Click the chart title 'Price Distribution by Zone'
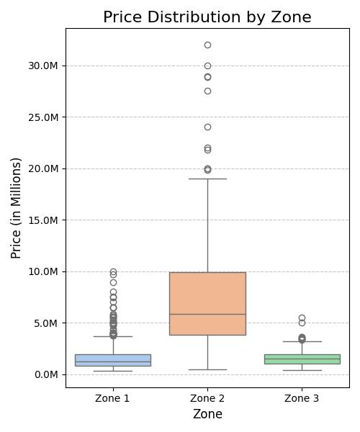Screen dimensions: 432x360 pyautogui.click(x=207, y=17)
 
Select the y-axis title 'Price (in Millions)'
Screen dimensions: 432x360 pyautogui.click(x=17, y=208)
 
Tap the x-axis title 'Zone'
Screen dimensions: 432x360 pyautogui.click(x=207, y=414)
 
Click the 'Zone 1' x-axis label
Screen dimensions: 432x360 pyautogui.click(x=113, y=398)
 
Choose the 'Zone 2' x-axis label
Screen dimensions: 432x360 pyautogui.click(x=207, y=398)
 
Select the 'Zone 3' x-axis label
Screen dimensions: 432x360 pyautogui.click(x=302, y=398)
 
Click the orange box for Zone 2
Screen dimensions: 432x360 pyautogui.click(x=207, y=303)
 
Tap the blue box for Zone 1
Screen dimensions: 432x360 pyautogui.click(x=113, y=360)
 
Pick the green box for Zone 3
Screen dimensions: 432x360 pyautogui.click(x=302, y=359)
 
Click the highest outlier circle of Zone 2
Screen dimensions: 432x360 pyautogui.click(x=207, y=45)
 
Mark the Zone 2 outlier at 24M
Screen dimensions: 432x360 pyautogui.click(x=207, y=127)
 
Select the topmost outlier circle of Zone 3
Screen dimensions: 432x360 pyautogui.click(x=302, y=318)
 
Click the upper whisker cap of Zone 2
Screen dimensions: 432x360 pyautogui.click(x=207, y=179)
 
